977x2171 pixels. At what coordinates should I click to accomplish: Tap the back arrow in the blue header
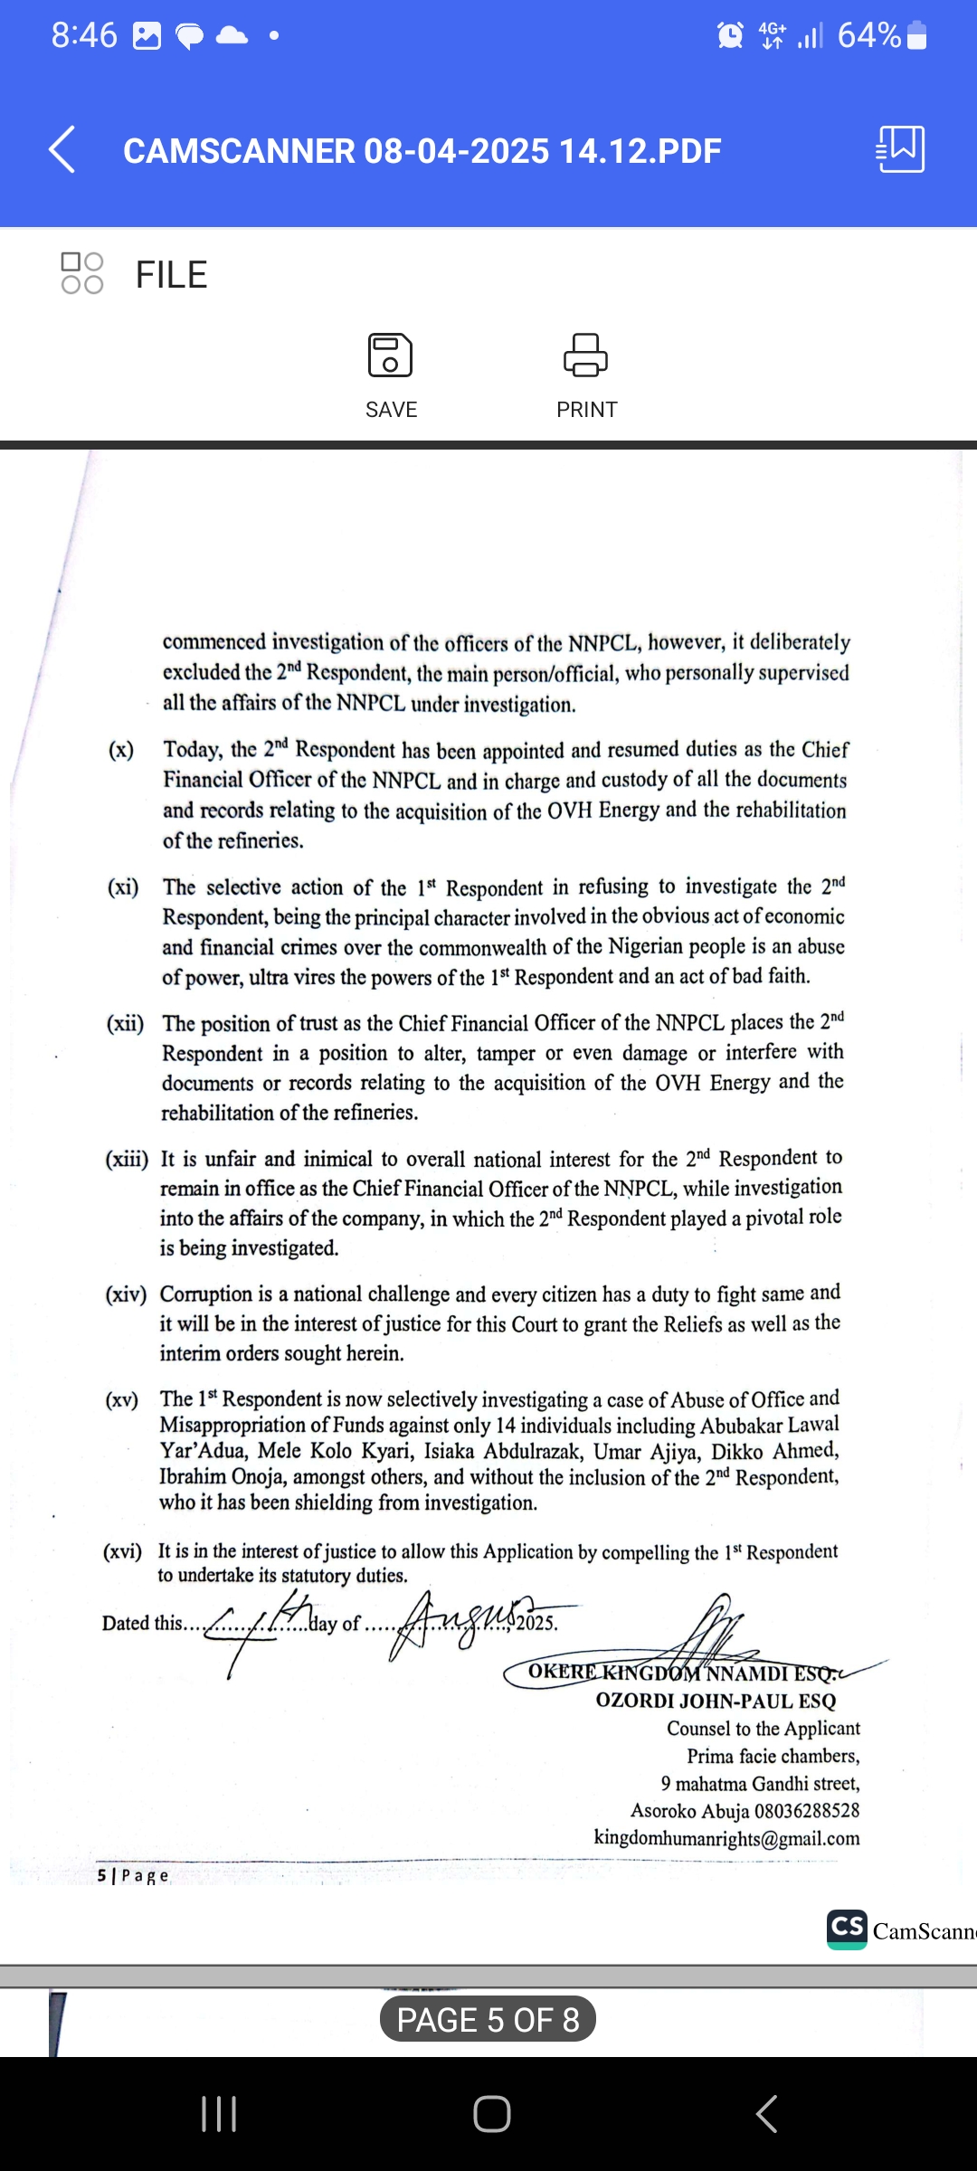click(62, 149)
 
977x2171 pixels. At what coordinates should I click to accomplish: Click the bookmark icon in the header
click(901, 149)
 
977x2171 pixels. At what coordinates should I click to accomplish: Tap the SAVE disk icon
click(391, 355)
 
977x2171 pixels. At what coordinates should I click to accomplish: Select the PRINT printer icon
click(586, 355)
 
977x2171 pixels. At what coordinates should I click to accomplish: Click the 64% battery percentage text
click(868, 36)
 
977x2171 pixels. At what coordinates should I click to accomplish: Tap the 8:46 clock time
click(84, 36)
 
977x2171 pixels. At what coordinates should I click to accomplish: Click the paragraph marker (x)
click(121, 750)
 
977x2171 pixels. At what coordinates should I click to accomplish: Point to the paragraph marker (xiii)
click(127, 1159)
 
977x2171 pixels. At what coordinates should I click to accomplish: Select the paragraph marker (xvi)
click(122, 1552)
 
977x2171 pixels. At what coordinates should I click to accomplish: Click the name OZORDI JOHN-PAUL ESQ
click(716, 1701)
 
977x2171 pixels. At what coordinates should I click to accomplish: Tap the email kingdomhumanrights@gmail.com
click(726, 1838)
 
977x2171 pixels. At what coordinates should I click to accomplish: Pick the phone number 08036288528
click(807, 1811)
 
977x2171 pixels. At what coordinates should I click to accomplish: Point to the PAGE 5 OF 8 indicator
click(488, 2019)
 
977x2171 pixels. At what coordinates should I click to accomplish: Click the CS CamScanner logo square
click(847, 1929)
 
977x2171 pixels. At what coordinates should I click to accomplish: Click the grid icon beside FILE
click(82, 273)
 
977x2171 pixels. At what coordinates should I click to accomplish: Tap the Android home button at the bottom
click(491, 2114)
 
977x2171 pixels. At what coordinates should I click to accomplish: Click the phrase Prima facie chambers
click(773, 1756)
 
